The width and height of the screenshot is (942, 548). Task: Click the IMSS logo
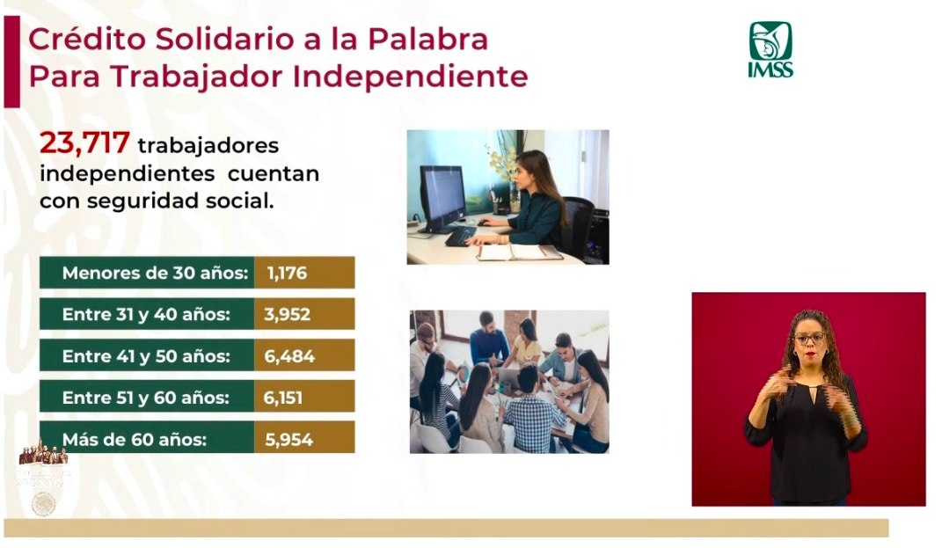tap(770, 49)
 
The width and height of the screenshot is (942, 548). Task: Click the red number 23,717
tap(84, 143)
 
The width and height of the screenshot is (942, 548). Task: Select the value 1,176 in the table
tap(287, 274)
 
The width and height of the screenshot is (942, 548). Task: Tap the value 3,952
tap(287, 315)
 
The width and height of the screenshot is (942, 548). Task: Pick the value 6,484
tap(288, 356)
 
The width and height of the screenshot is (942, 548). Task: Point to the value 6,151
tap(282, 398)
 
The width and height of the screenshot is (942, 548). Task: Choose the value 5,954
tap(288, 439)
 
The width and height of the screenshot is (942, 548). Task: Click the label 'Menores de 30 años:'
tap(155, 274)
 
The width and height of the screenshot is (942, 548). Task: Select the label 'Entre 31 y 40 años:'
tap(146, 315)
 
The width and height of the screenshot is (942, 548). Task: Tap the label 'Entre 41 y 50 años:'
tap(146, 356)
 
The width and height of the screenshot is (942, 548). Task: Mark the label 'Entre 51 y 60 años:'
tap(146, 398)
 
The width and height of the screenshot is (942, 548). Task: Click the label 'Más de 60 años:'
tap(135, 439)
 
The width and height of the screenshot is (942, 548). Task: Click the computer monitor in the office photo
tap(442, 195)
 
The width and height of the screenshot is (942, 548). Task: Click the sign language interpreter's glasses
tap(808, 338)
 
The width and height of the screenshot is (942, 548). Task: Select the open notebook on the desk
tap(519, 252)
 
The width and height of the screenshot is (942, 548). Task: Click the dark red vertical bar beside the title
tap(11, 62)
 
